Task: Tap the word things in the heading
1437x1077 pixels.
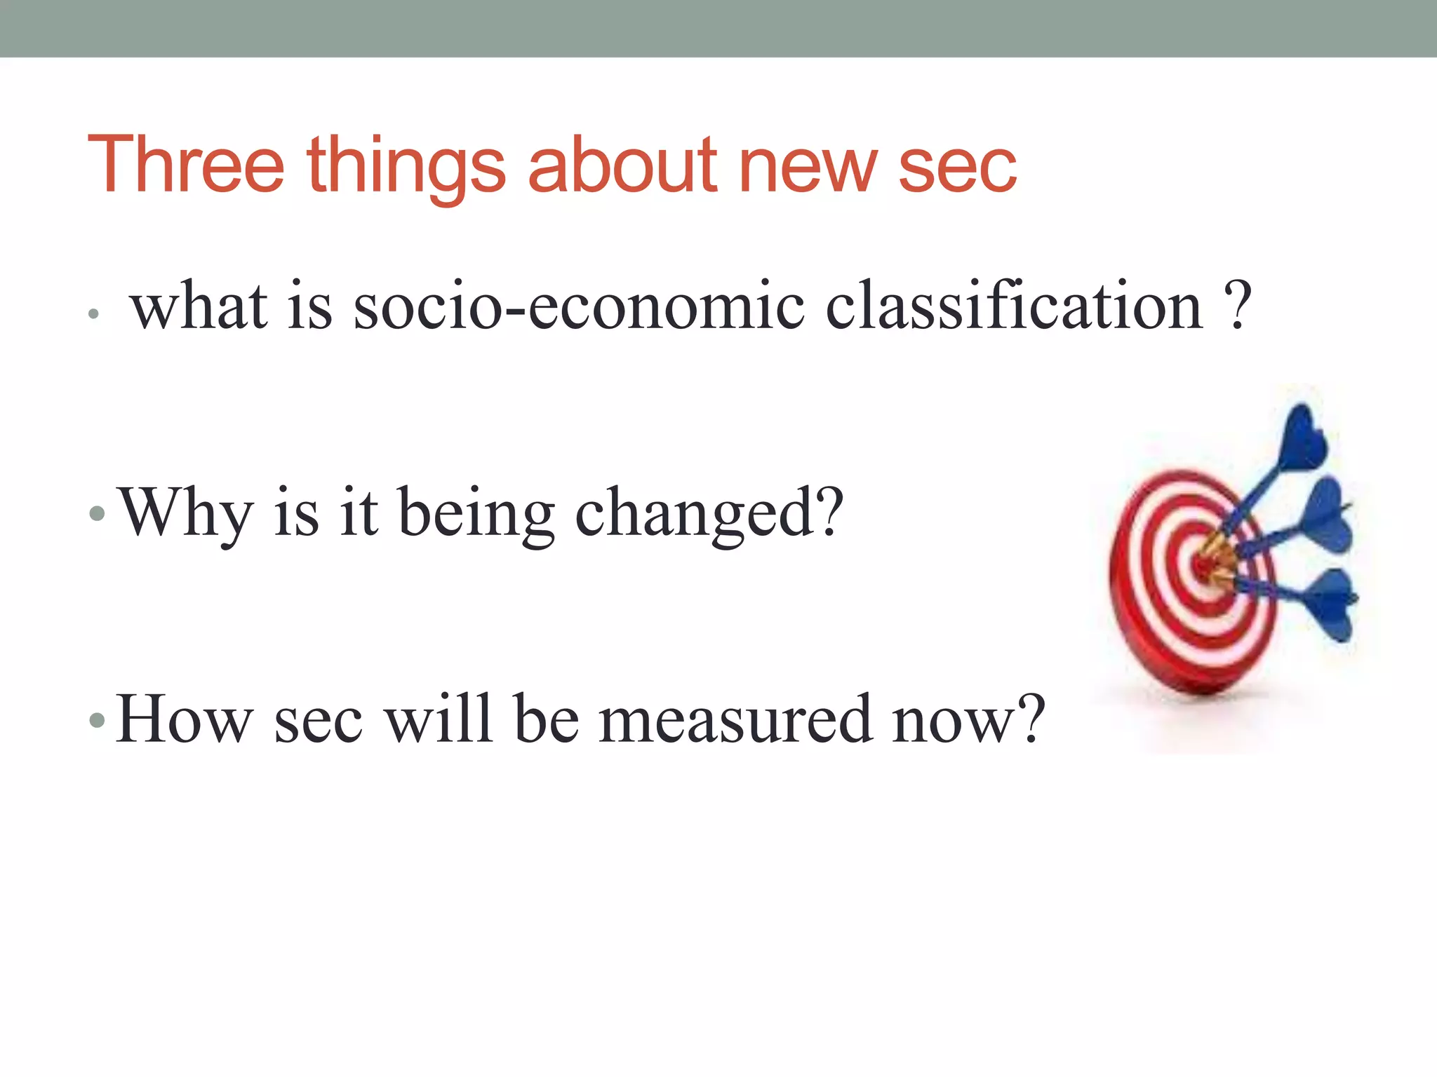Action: (x=406, y=168)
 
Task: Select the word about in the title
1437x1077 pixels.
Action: (x=623, y=165)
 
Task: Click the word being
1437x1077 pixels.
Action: (x=477, y=515)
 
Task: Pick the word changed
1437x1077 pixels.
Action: (x=709, y=515)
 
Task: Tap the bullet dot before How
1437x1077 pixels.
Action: (x=97, y=721)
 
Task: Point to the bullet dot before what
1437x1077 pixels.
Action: (x=93, y=313)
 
